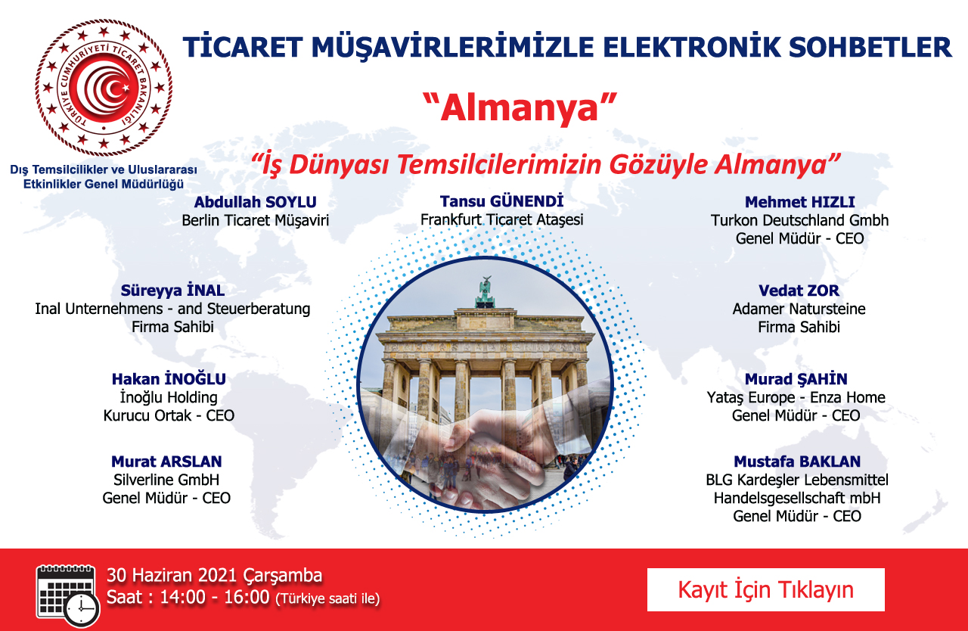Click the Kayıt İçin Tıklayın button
coord(766,589)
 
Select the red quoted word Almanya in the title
coord(520,108)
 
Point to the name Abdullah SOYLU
coord(255,202)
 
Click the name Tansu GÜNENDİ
coord(501,201)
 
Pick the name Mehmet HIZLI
coord(799,202)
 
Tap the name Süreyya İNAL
coord(172,290)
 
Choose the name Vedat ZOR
coord(799,291)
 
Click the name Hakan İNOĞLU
coord(169,378)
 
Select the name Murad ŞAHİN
coord(796,379)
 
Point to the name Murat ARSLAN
coord(166,462)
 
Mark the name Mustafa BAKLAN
coord(797,462)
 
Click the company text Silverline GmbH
coord(166,480)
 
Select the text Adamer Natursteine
coord(799,309)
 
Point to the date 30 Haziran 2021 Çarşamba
coord(214,575)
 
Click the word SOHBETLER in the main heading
coord(870,47)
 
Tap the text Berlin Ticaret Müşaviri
coord(255,220)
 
